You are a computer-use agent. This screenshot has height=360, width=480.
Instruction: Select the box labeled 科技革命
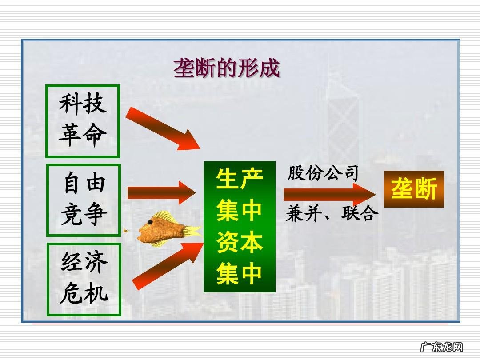click(x=83, y=121)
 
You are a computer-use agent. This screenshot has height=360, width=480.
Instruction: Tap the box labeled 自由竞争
click(x=84, y=200)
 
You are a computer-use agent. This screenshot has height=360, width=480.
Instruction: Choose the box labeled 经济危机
click(x=84, y=280)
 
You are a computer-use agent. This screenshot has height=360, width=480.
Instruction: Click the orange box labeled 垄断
click(x=414, y=189)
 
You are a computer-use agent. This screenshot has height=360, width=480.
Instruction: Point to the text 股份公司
click(x=323, y=173)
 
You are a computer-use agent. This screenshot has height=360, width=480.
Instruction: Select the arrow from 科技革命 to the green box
click(x=162, y=128)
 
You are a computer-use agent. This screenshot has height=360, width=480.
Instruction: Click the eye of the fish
click(x=151, y=222)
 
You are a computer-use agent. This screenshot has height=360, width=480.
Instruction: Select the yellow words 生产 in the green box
click(x=240, y=179)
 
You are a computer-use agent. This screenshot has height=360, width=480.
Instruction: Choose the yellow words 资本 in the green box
click(x=240, y=242)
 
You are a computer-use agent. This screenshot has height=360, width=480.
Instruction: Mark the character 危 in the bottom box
click(x=71, y=294)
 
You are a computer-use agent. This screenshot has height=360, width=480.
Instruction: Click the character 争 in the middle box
click(x=95, y=215)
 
